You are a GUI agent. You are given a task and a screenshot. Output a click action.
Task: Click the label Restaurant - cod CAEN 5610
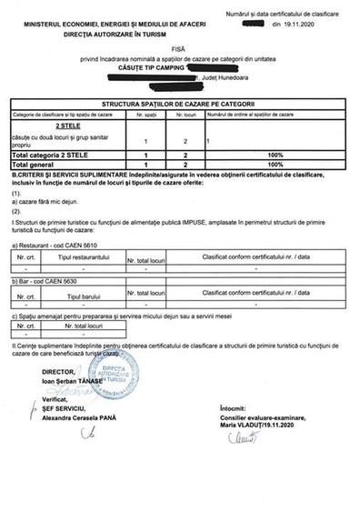pos(56,246)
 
